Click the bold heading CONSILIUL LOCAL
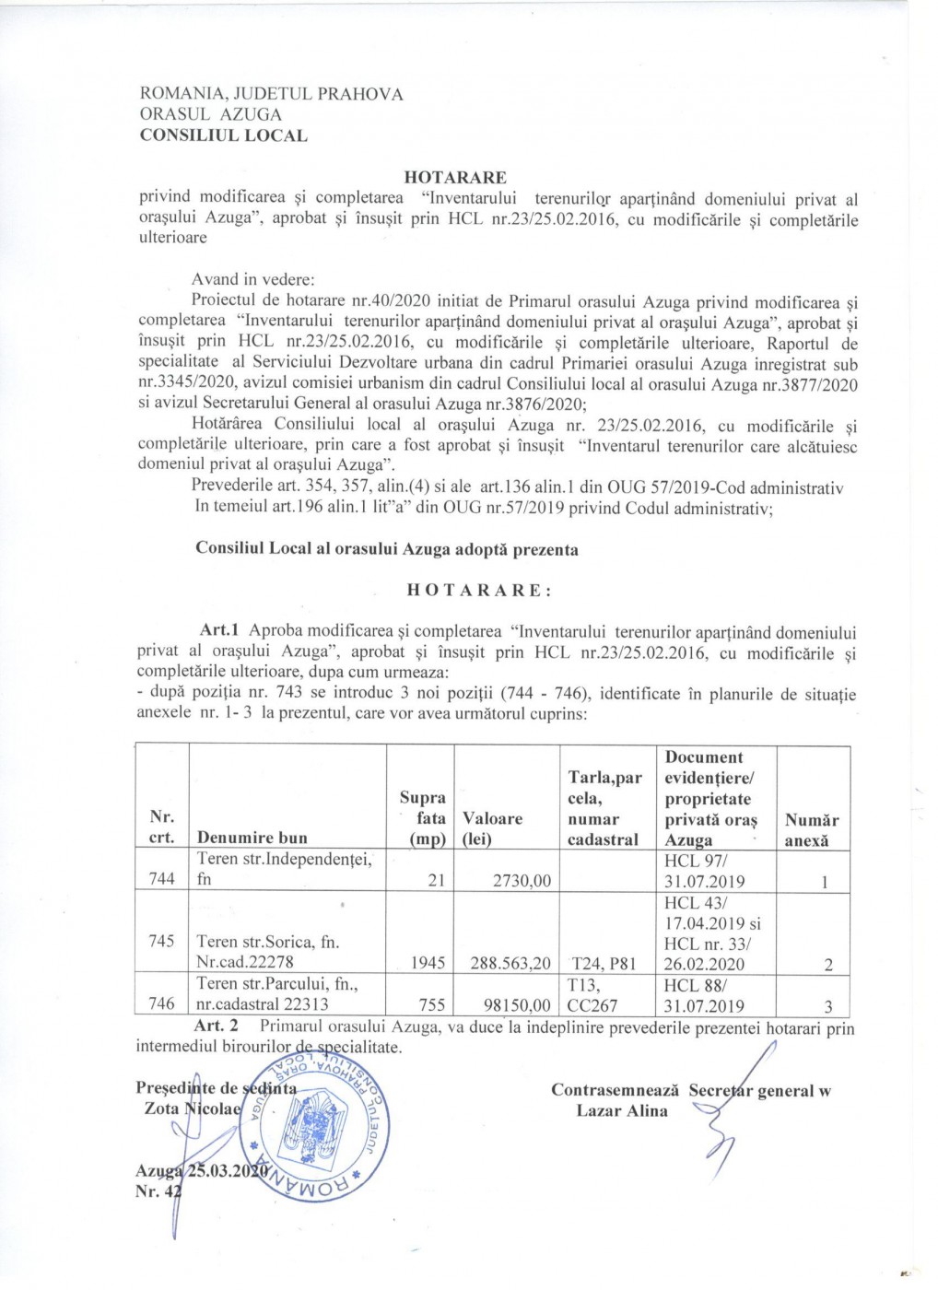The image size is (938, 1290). click(223, 135)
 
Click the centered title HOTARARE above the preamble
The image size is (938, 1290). click(455, 178)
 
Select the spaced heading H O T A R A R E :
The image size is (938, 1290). click(479, 591)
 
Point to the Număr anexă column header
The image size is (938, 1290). click(811, 829)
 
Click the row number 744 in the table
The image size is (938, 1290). click(162, 879)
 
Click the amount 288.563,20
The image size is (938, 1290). click(507, 963)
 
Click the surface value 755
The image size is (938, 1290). click(432, 1004)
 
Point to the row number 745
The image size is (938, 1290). click(162, 942)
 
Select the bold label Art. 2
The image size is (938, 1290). click(216, 1026)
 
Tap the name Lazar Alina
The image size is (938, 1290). click(622, 1110)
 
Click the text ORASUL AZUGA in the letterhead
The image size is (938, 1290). click(210, 114)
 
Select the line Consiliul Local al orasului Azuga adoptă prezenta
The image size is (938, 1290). click(387, 549)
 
